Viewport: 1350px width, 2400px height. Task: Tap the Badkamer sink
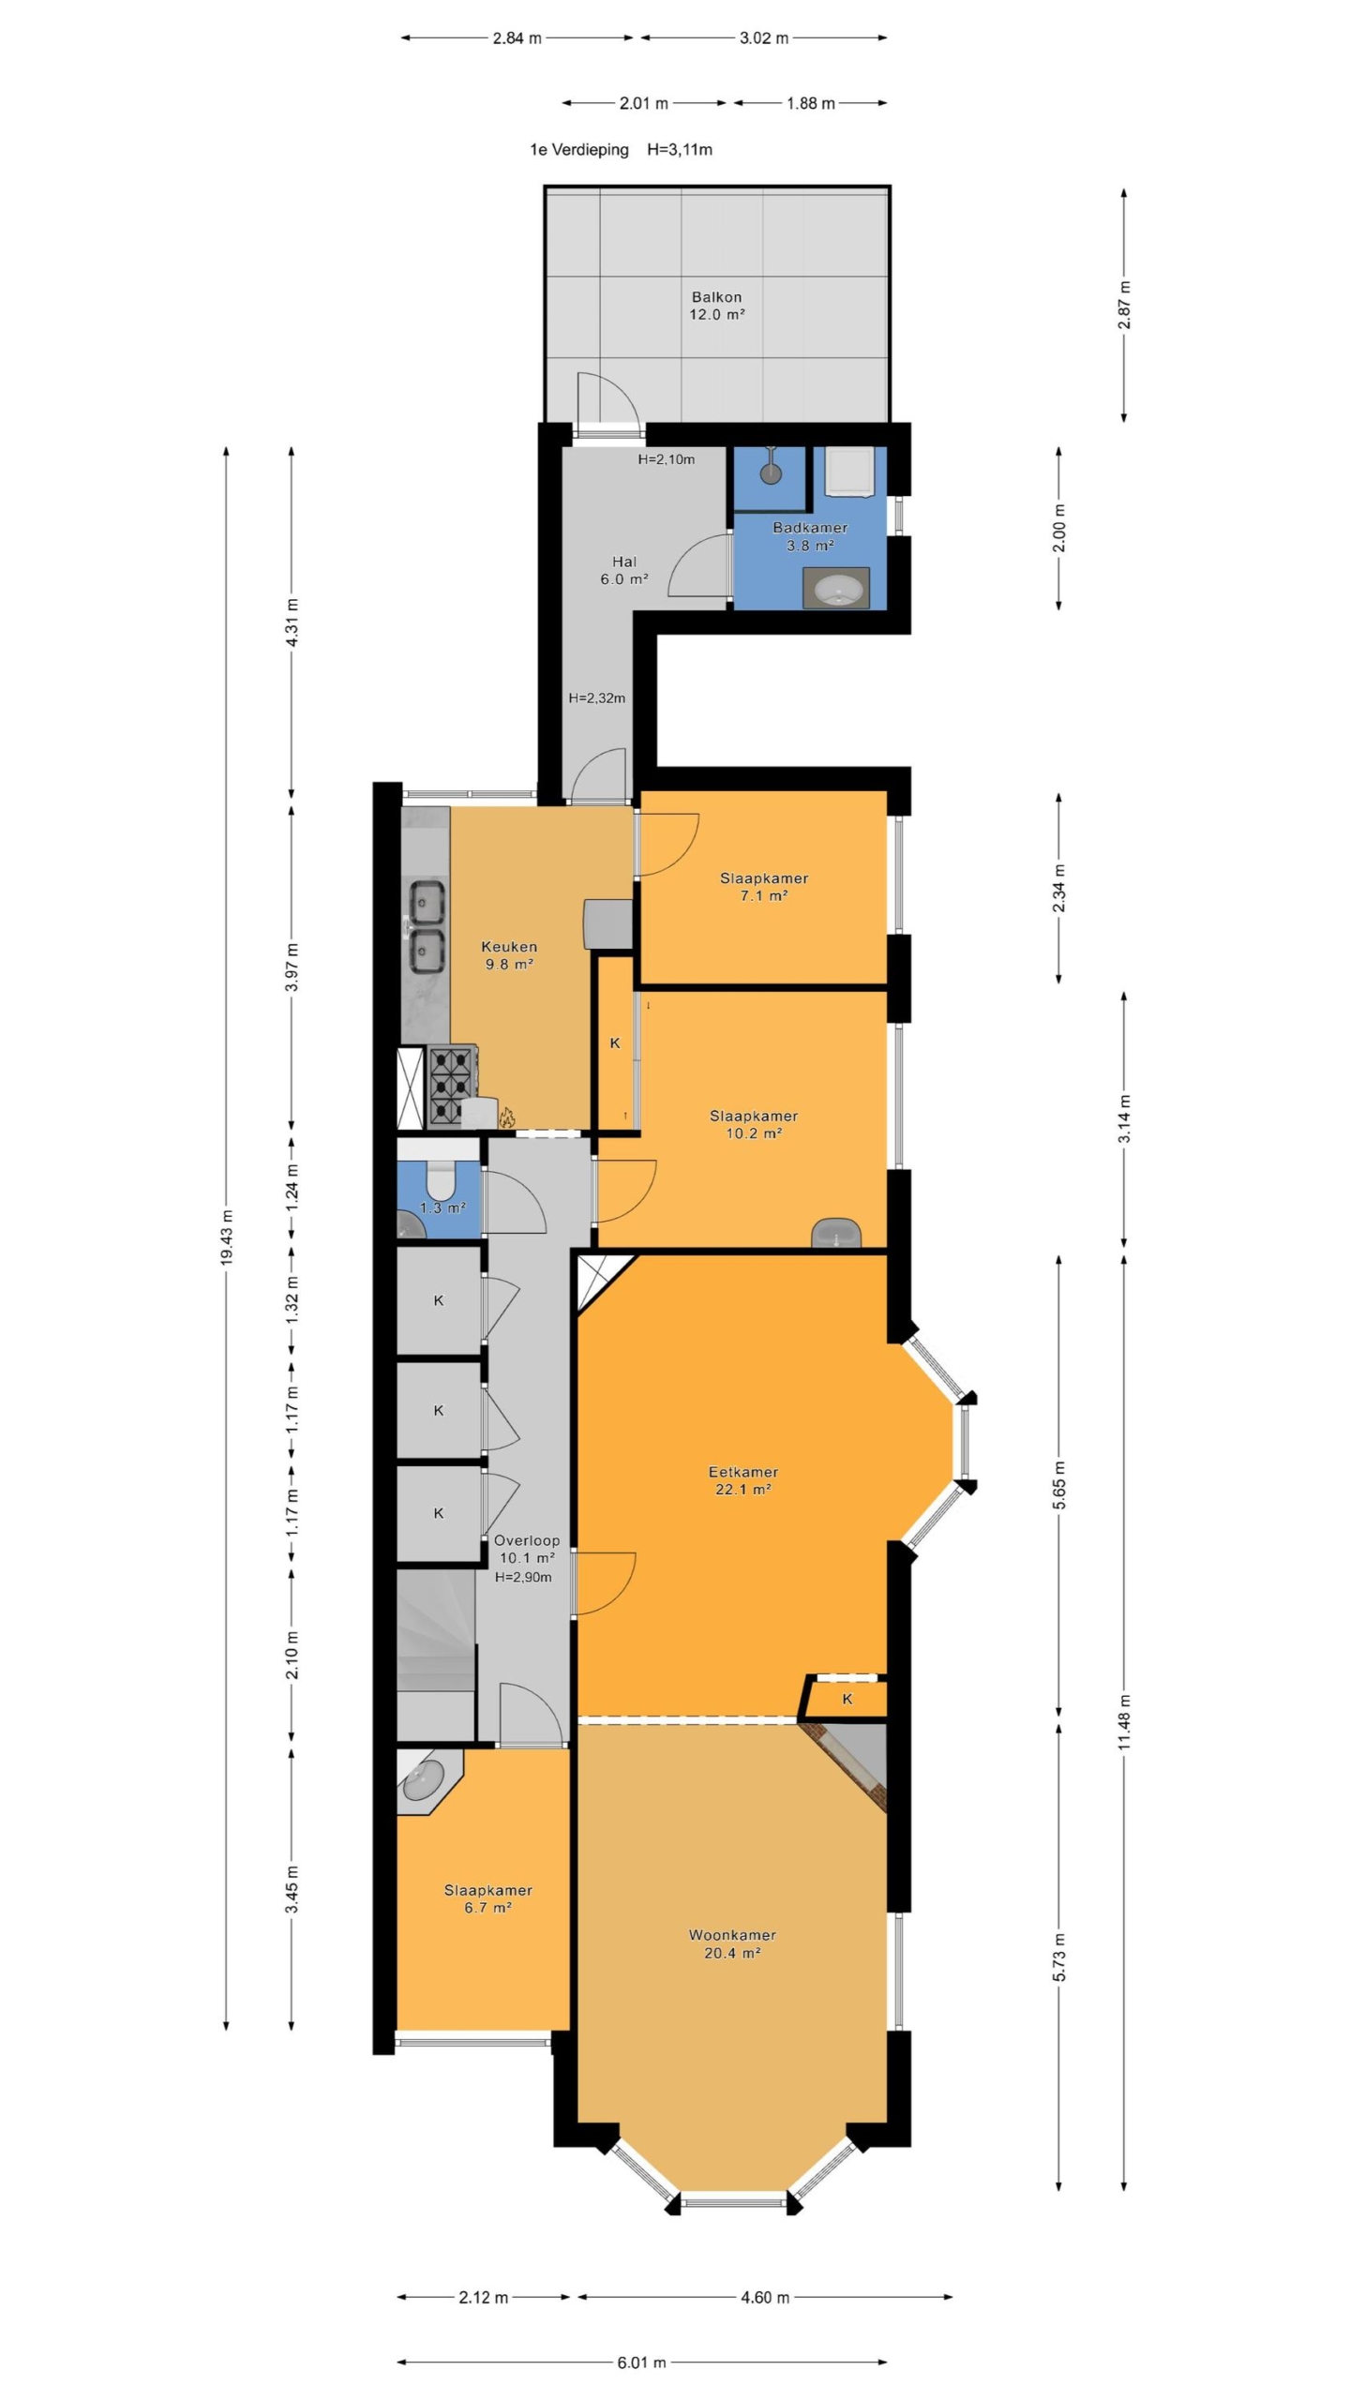[836, 588]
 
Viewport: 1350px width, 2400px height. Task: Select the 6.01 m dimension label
[641, 2361]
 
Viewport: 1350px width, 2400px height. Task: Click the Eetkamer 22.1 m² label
[742, 1480]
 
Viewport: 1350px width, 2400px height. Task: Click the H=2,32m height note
[597, 698]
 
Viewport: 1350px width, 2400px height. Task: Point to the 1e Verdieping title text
[579, 149]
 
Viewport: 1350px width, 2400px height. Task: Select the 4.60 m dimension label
[764, 2296]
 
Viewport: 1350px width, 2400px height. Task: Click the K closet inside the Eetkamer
[847, 1699]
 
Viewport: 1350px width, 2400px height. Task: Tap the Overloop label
[527, 1539]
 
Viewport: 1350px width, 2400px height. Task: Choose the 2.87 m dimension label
[1124, 305]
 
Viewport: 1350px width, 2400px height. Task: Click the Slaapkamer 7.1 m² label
[764, 887]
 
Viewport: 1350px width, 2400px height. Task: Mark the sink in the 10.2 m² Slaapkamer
[836, 1233]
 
